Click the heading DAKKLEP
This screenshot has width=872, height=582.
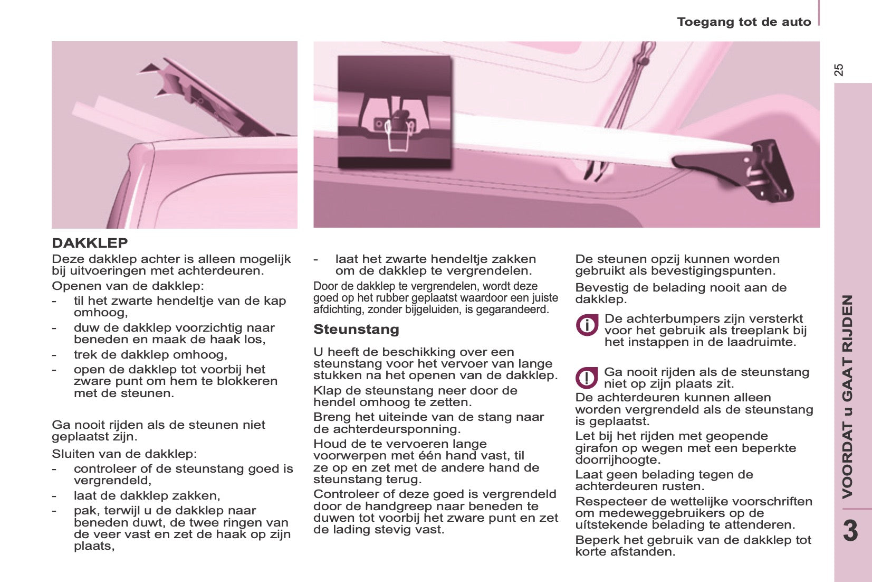90,243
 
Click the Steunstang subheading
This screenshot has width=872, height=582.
356,330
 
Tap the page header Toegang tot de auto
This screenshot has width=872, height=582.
744,22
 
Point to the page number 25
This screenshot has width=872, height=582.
839,70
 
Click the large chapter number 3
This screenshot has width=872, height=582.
850,531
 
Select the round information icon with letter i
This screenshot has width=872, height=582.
587,325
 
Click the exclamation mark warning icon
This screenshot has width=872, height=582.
586,378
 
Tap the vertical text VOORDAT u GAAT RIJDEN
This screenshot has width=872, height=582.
847,396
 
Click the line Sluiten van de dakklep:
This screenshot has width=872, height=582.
124,454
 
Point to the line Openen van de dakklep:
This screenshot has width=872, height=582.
128,286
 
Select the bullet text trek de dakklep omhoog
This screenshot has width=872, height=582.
150,354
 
